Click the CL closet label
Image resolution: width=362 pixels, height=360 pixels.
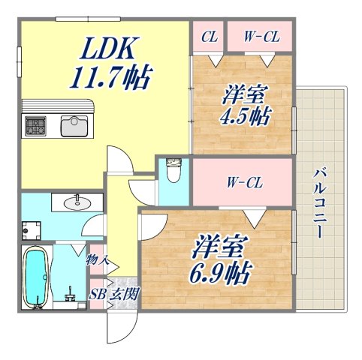pos(210,35)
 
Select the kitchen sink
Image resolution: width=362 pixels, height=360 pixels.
pos(75,125)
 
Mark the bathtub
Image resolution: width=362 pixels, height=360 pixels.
pos(35,278)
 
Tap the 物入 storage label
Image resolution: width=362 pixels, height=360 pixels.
pos(98,260)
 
